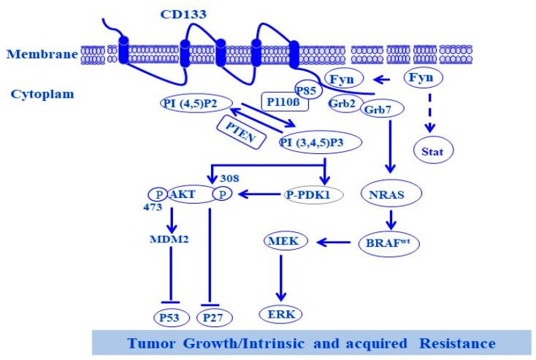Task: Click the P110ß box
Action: (283, 102)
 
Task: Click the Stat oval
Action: (435, 152)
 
